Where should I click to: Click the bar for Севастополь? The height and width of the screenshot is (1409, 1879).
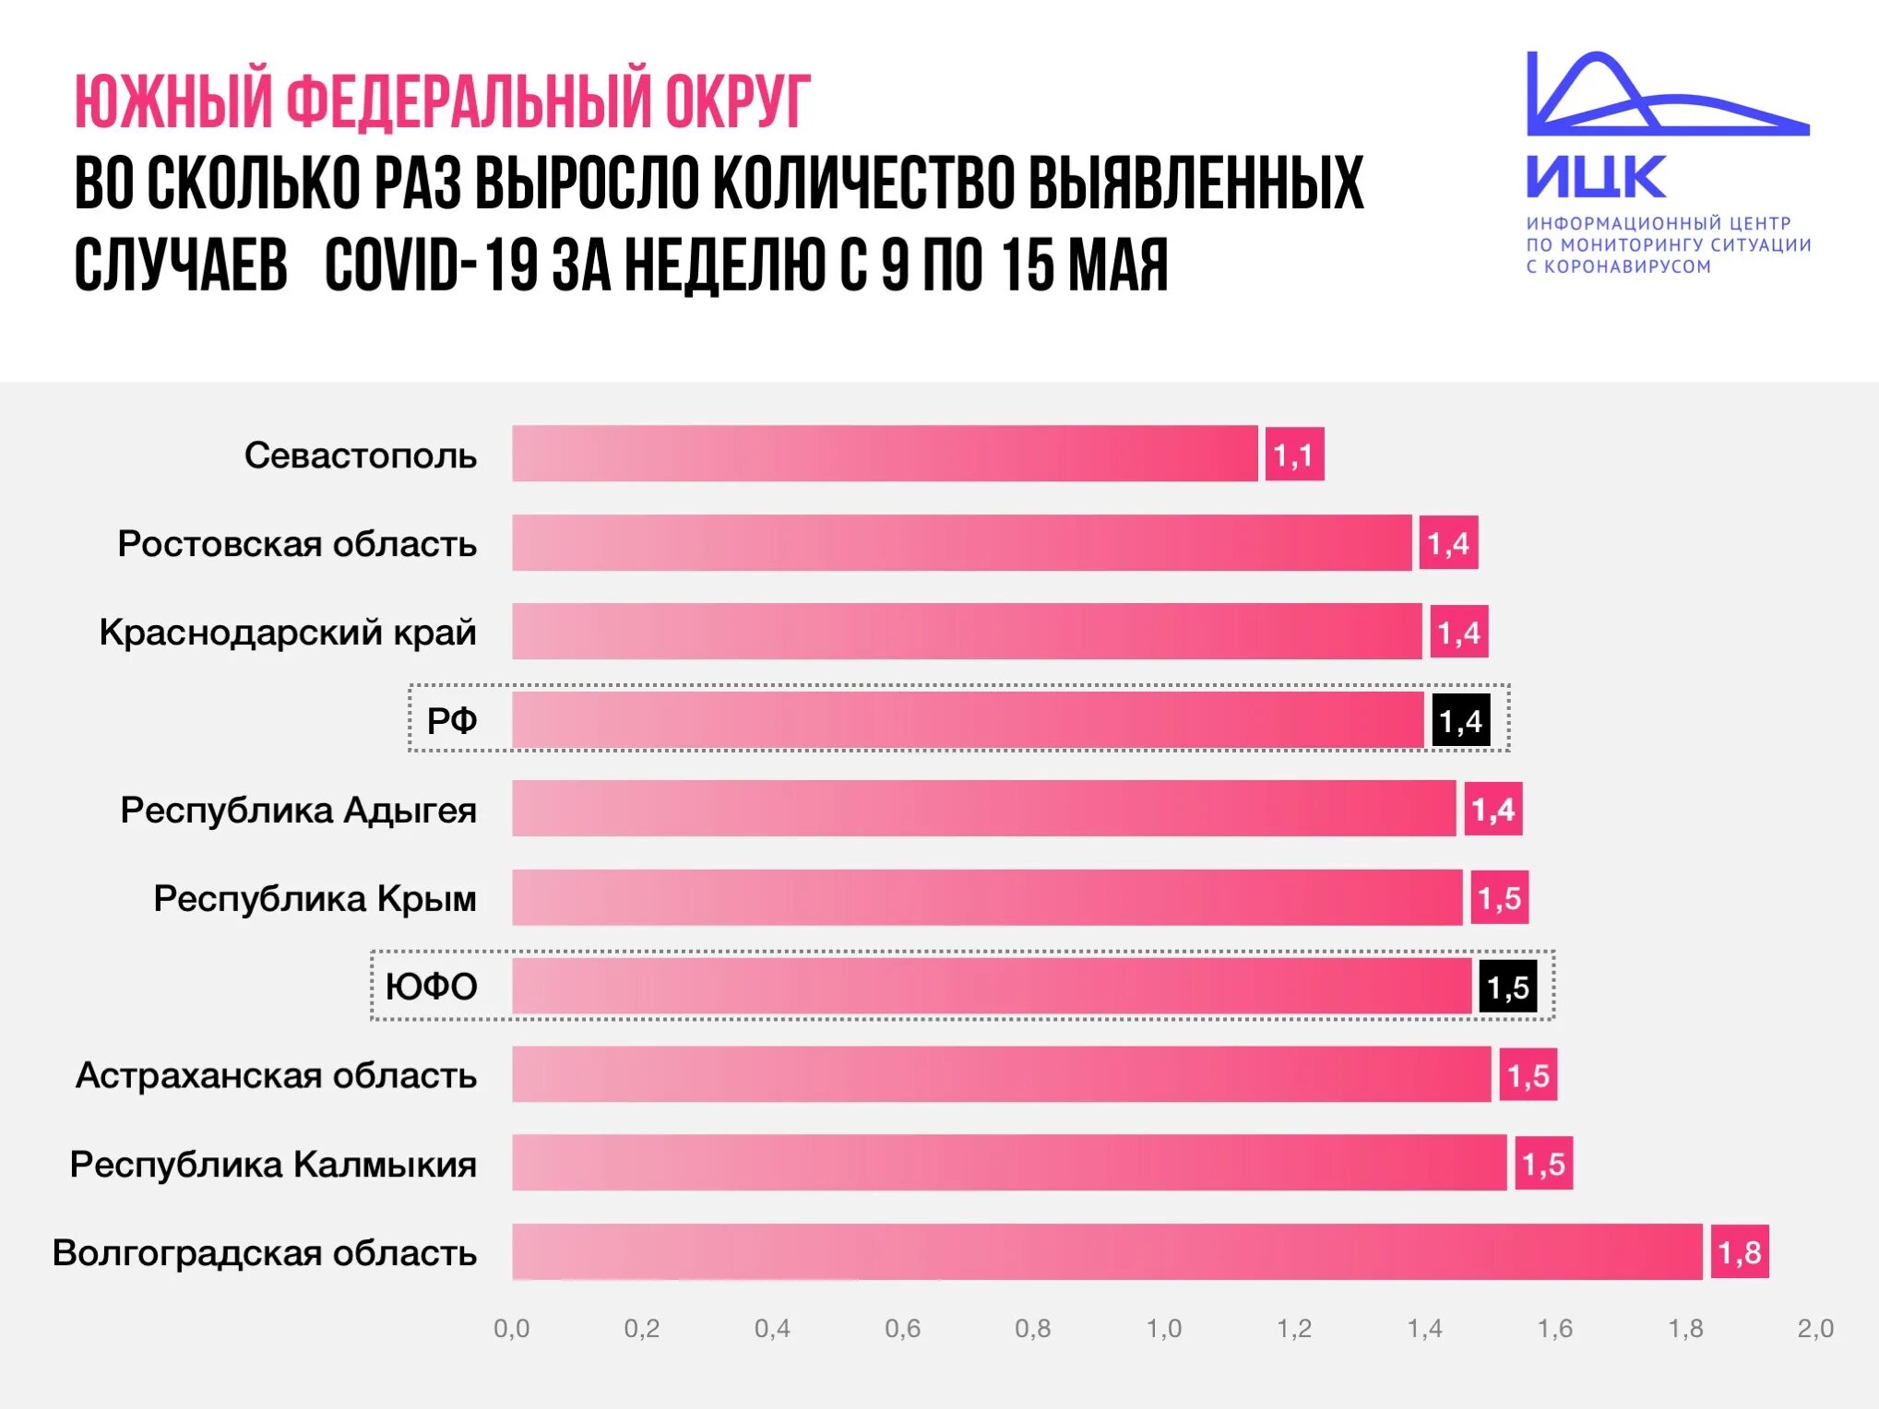point(885,454)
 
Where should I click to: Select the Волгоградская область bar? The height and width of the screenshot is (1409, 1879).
point(1107,1251)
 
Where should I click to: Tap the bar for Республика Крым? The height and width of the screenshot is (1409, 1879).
point(987,897)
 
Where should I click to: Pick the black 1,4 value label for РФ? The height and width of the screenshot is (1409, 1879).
point(1460,720)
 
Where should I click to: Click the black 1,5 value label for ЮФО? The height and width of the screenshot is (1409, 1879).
point(1508,987)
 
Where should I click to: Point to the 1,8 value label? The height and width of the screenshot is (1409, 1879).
point(1740,1251)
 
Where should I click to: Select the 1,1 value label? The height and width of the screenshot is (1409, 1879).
point(1294,454)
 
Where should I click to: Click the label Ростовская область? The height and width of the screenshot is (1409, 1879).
point(297,544)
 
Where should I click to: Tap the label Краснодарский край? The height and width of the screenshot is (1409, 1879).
point(288,633)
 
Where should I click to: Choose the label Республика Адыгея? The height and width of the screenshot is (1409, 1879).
point(298,810)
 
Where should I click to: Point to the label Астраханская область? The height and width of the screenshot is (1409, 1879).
point(276,1075)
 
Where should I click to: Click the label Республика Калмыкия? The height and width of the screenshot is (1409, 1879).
point(273,1164)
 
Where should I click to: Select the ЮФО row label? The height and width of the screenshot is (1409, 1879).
point(431,987)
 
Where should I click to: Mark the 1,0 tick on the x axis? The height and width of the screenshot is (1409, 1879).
point(1163,1328)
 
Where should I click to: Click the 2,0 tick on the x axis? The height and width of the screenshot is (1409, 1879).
point(1815,1328)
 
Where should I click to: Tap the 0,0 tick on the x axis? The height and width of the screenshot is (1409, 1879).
point(512,1328)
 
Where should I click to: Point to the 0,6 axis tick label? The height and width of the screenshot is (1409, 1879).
point(902,1328)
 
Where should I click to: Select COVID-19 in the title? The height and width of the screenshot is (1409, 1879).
point(431,266)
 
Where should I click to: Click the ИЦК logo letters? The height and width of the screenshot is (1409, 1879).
point(1596,176)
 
